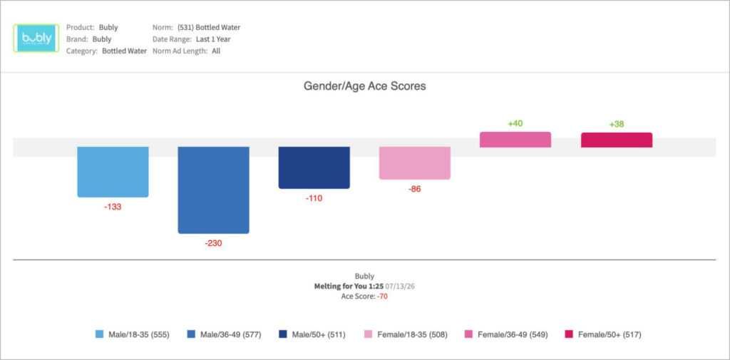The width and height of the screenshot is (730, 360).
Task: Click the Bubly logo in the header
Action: (36, 38)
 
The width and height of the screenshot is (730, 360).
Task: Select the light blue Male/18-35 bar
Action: (113, 172)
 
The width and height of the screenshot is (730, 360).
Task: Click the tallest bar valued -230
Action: (214, 190)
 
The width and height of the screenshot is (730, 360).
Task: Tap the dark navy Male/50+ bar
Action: (314, 168)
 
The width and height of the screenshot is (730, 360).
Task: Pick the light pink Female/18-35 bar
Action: (415, 163)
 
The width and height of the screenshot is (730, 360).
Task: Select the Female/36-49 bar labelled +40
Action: (515, 140)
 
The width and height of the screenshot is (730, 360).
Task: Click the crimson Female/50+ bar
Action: (617, 140)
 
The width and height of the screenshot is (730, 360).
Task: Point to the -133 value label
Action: (113, 207)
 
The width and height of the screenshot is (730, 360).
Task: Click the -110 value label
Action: (314, 198)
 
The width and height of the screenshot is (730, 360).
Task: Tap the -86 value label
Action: (414, 189)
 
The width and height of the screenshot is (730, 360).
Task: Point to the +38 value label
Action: (617, 124)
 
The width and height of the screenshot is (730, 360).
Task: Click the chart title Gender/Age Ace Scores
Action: (364, 86)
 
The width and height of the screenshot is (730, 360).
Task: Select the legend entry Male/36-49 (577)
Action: (224, 334)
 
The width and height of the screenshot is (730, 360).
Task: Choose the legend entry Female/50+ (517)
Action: (603, 334)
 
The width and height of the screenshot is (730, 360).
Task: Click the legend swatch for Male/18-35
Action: (100, 334)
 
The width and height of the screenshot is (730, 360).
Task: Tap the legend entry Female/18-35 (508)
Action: (406, 334)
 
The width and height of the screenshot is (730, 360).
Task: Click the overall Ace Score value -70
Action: (382, 296)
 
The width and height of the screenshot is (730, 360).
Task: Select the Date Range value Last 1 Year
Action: (213, 39)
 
